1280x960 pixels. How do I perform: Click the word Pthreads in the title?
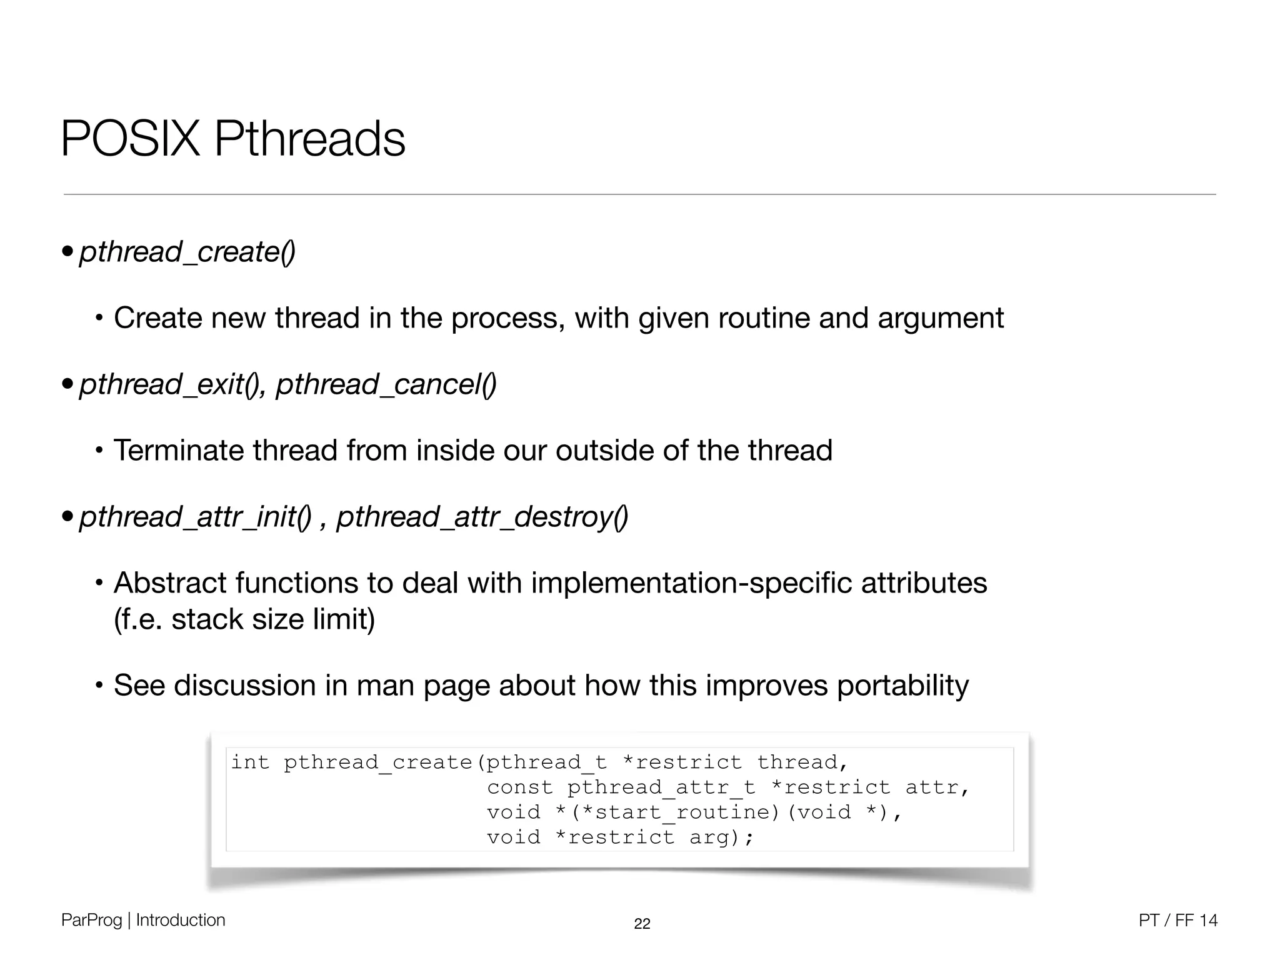309,138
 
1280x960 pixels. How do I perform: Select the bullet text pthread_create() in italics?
187,252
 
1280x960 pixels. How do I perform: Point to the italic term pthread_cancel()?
386,384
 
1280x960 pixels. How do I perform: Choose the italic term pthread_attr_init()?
195,517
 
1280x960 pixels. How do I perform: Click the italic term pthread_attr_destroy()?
482,517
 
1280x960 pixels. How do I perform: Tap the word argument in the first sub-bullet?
941,318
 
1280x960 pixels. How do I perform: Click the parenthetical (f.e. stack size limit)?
244,619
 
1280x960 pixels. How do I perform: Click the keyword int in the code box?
250,762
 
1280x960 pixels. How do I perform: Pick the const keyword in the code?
520,787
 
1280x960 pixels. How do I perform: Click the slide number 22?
642,924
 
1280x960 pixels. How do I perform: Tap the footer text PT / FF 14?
1177,920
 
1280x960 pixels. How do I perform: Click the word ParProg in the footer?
91,920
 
